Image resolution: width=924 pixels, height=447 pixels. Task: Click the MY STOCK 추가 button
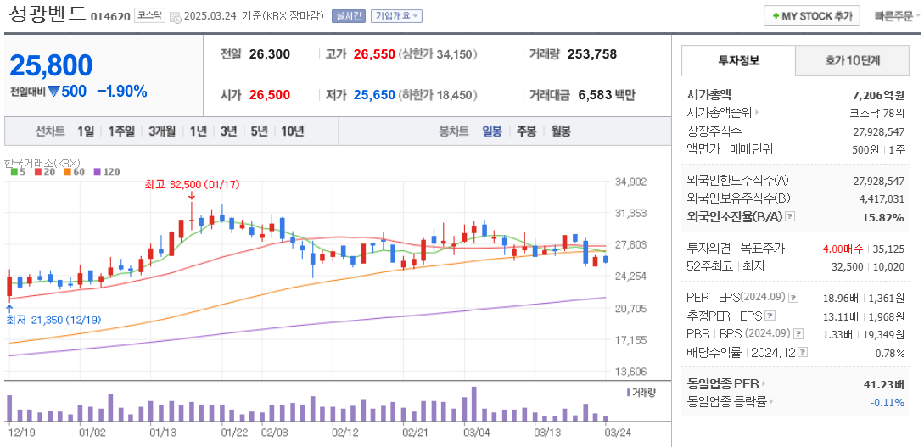coord(811,16)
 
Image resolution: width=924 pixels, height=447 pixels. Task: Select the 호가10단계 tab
coord(852,61)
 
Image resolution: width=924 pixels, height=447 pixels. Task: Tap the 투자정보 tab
coord(738,61)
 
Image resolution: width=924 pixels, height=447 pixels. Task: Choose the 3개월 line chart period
coord(161,131)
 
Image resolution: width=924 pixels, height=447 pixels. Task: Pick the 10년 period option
coord(292,131)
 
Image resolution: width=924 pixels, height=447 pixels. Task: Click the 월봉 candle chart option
coord(560,131)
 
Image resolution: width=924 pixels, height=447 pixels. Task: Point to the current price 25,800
coord(51,65)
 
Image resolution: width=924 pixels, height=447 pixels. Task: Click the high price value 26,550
coord(374,54)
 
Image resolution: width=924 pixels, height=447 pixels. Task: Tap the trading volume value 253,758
coord(591,54)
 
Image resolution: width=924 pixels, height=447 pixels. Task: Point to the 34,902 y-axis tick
coord(630,182)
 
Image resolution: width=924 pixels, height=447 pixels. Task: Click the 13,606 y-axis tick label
coord(630,372)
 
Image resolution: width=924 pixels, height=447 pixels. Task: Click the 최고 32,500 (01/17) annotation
coord(192,183)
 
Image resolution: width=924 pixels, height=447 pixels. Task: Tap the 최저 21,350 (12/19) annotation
coord(53,320)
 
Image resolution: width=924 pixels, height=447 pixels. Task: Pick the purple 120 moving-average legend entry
coord(106,172)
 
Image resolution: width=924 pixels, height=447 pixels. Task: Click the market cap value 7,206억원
coord(878,95)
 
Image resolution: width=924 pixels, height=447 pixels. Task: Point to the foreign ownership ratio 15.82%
coord(884,217)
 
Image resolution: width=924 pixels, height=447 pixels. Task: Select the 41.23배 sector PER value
coord(883,384)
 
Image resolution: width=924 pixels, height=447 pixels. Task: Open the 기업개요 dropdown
coord(396,16)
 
